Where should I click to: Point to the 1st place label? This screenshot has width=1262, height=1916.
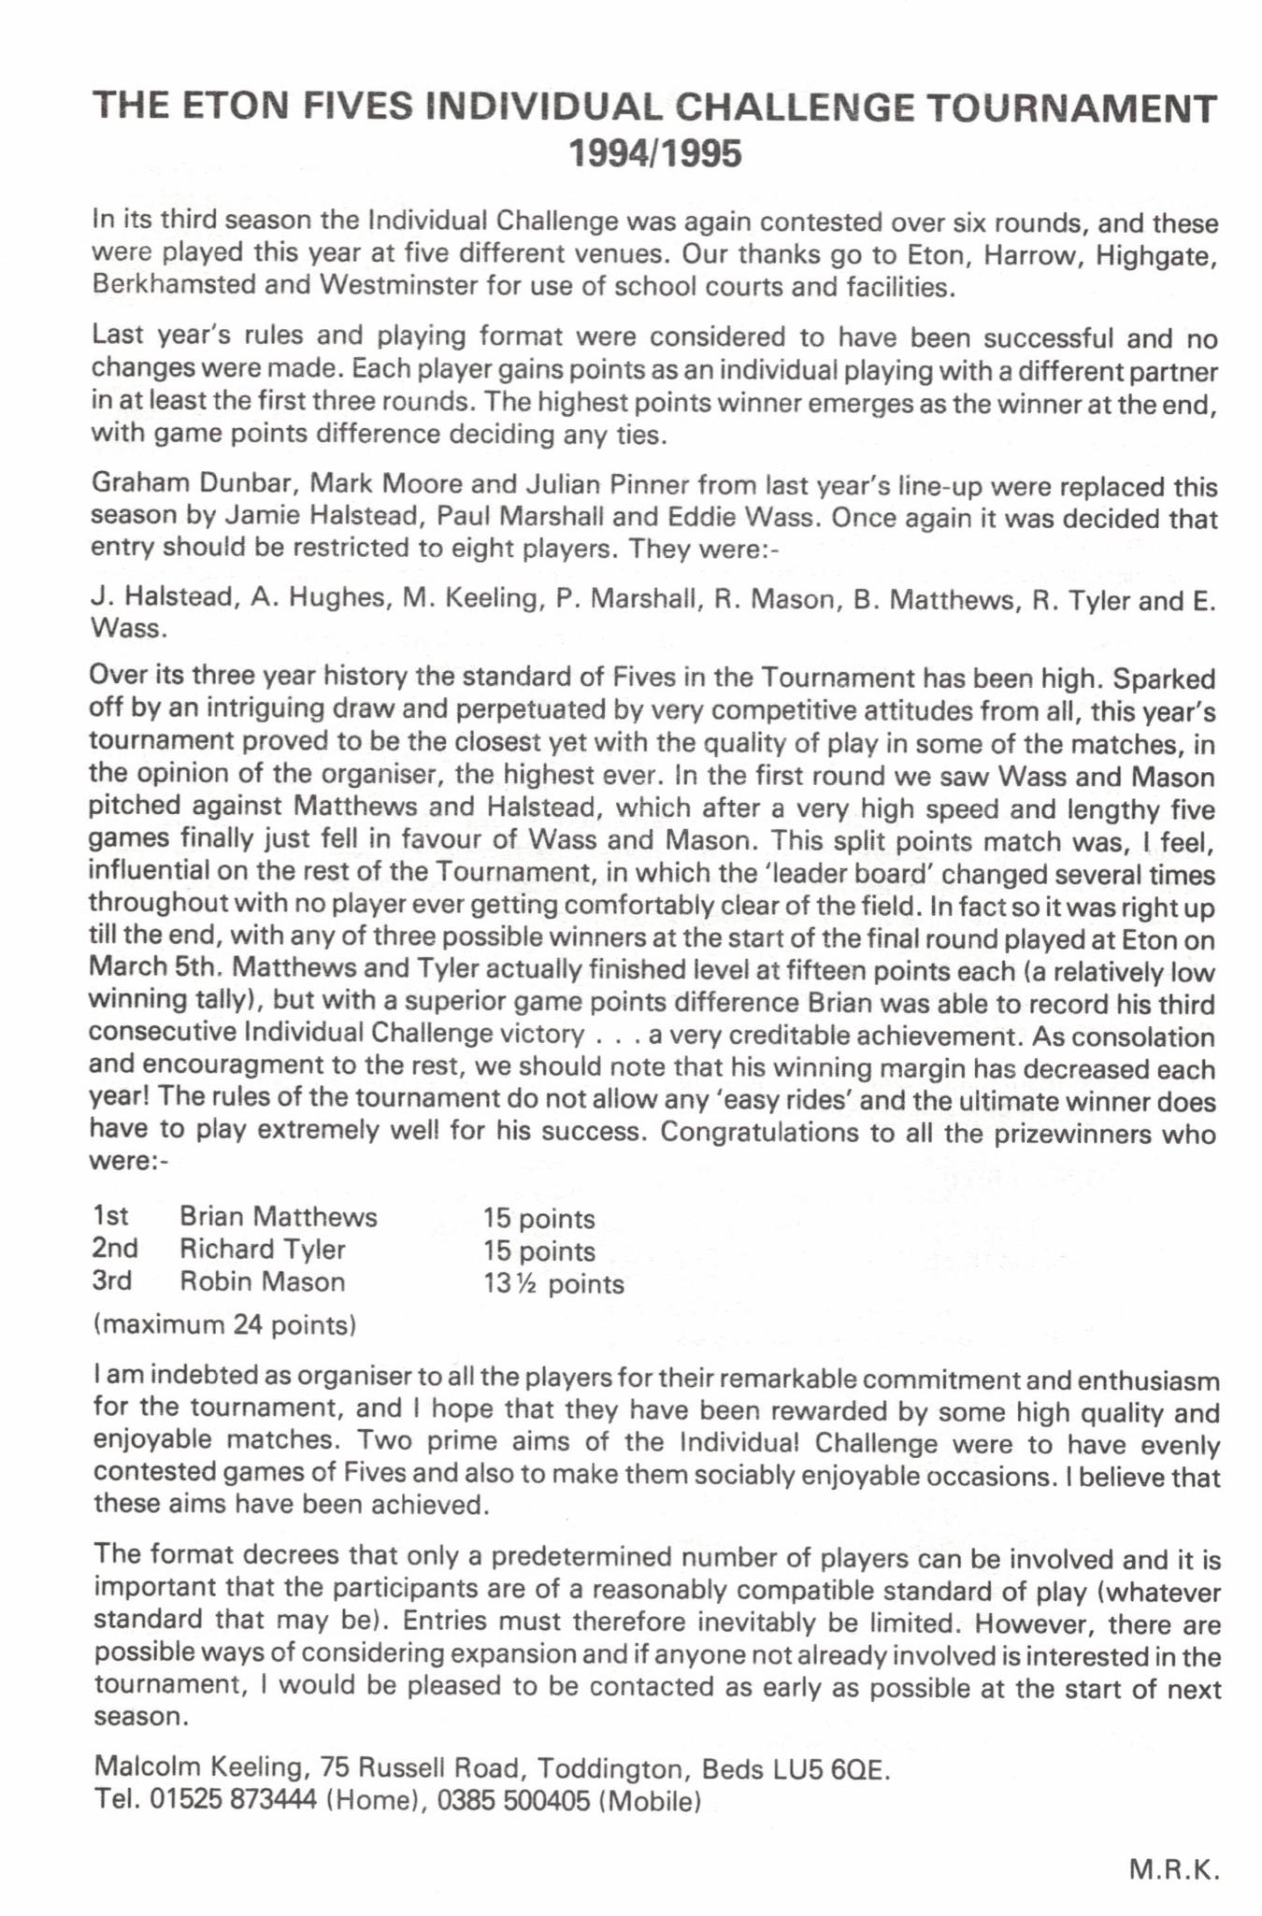(110, 1216)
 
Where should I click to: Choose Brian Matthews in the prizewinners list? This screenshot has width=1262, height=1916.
(278, 1216)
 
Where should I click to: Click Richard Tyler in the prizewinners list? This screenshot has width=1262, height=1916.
(262, 1249)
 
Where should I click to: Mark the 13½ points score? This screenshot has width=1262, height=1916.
(552, 1283)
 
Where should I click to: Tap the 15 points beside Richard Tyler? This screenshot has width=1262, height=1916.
(538, 1251)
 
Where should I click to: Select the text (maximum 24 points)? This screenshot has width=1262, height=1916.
(224, 1324)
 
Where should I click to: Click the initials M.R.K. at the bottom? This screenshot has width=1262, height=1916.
(1173, 1870)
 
